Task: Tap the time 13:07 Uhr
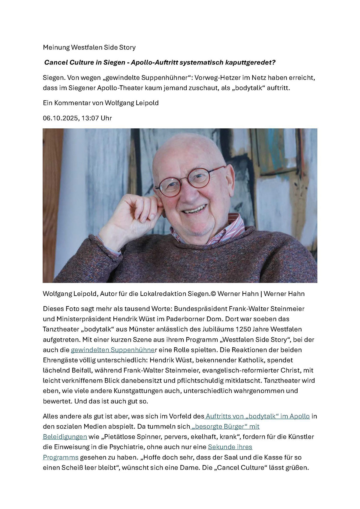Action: (96, 118)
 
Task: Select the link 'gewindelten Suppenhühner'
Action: (113, 350)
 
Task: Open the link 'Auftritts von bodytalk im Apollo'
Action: (257, 416)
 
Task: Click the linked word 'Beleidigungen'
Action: (65, 437)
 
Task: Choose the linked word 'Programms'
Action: (61, 457)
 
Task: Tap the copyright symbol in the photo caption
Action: (213, 294)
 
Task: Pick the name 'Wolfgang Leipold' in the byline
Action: (131, 103)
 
